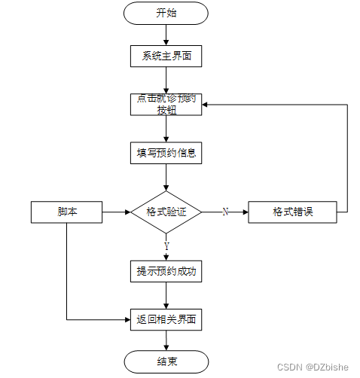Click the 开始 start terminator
coord(166,14)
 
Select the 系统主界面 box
coord(166,56)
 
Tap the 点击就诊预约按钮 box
coord(166,105)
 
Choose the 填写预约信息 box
coord(166,153)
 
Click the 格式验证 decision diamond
coord(166,212)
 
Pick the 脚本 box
coord(66,212)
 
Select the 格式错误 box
coord(292,212)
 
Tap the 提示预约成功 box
coord(166,271)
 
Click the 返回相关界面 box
coord(166,319)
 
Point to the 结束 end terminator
coord(166,361)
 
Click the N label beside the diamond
coord(225,212)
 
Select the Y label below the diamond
coord(166,246)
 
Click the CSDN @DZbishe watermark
coord(313,367)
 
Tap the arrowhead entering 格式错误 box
coord(246,212)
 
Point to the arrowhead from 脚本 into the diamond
coord(128,212)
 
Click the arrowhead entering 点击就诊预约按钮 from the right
coord(205,105)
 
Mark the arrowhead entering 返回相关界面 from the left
coord(127,320)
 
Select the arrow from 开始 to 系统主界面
coord(166,35)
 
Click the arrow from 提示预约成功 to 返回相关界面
coord(166,295)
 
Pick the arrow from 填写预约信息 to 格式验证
coord(166,178)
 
